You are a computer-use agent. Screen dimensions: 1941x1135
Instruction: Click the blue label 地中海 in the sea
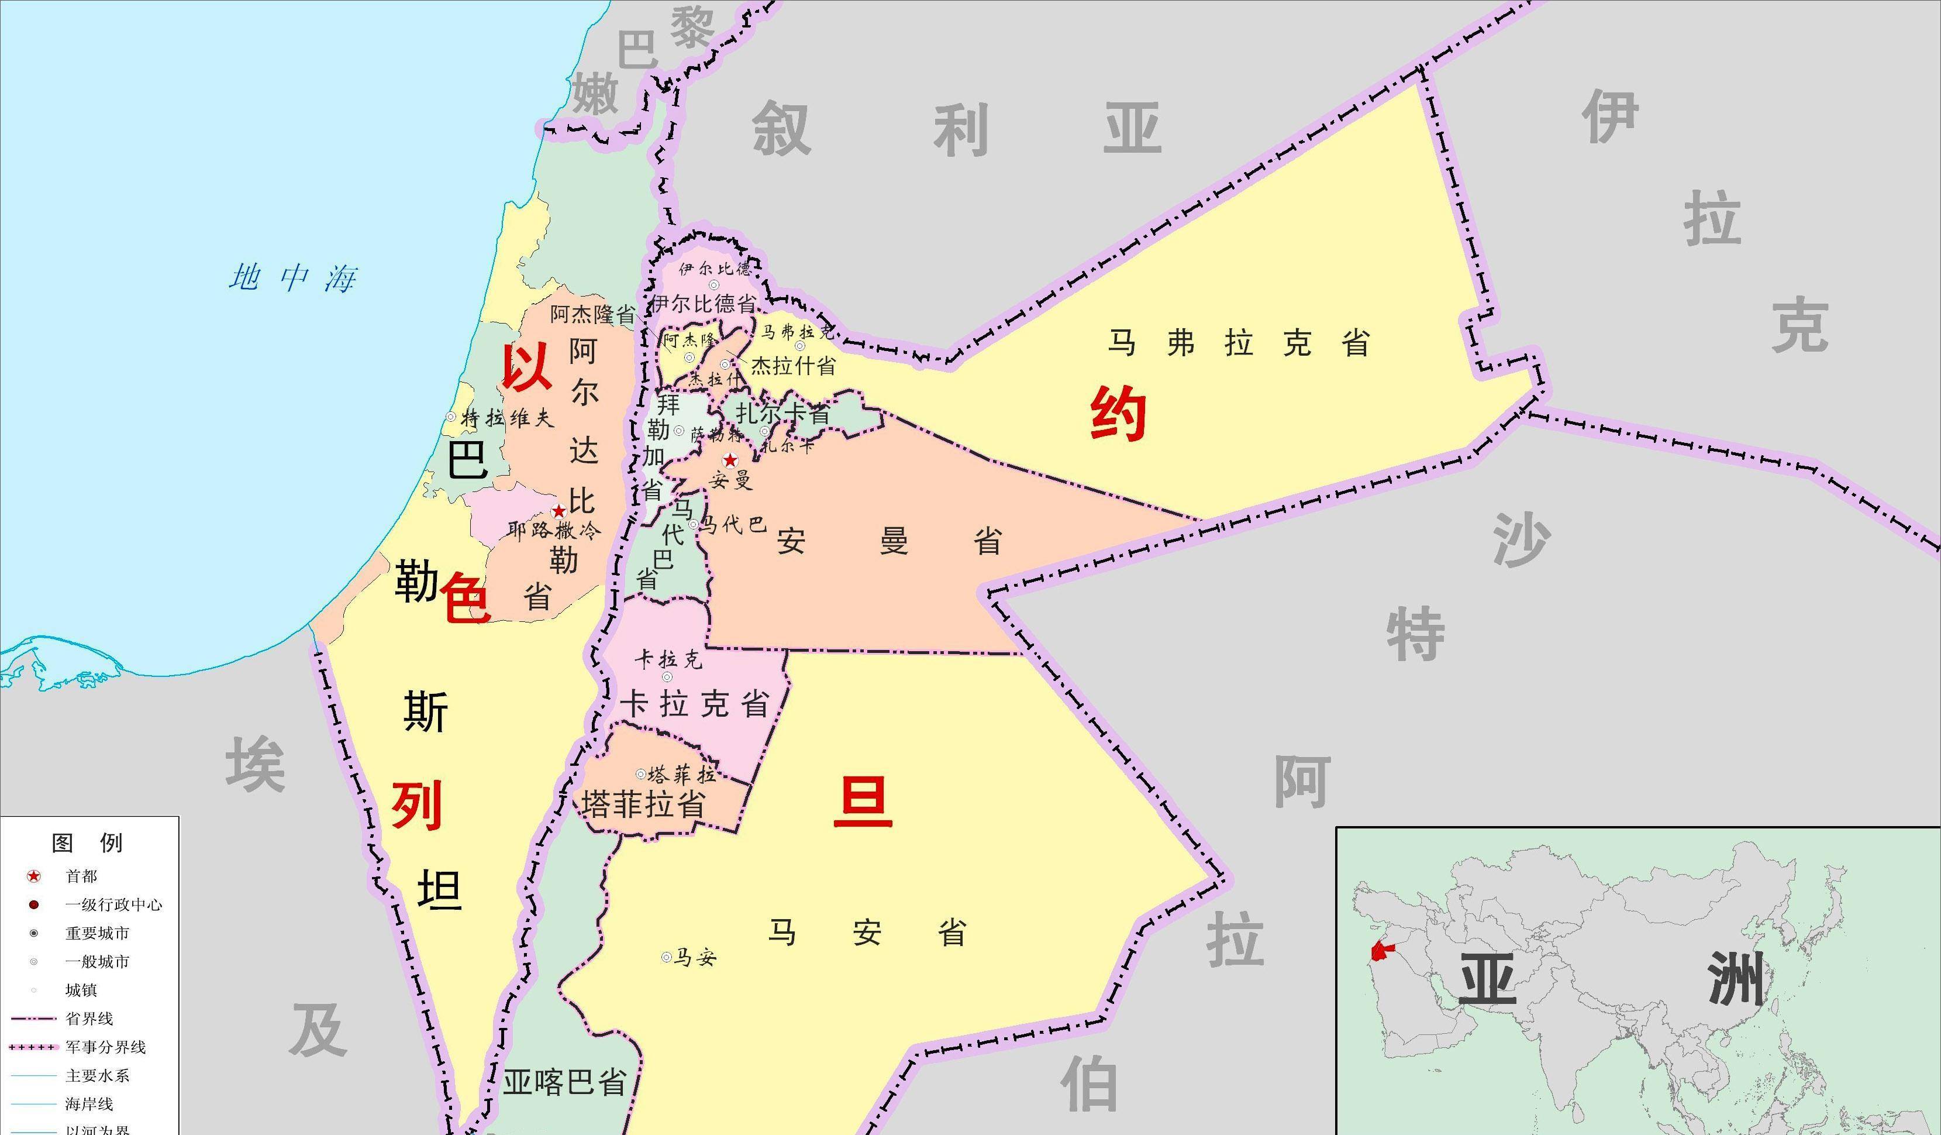[x=292, y=277]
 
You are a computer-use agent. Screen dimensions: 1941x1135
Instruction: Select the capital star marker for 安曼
[x=729, y=461]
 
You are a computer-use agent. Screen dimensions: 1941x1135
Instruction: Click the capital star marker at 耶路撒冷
[x=558, y=511]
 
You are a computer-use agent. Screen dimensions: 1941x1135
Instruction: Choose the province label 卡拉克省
[x=695, y=703]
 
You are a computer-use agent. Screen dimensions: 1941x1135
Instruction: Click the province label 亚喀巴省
[x=564, y=1082]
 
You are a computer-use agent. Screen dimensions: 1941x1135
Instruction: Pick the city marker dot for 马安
[x=666, y=957]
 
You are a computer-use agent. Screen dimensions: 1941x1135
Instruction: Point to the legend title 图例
[x=87, y=843]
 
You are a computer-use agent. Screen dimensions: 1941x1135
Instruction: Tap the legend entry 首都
[x=81, y=876]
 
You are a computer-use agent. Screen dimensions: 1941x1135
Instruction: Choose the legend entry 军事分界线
[x=105, y=1047]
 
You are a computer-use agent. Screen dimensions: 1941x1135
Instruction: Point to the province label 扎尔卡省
[x=782, y=414]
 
